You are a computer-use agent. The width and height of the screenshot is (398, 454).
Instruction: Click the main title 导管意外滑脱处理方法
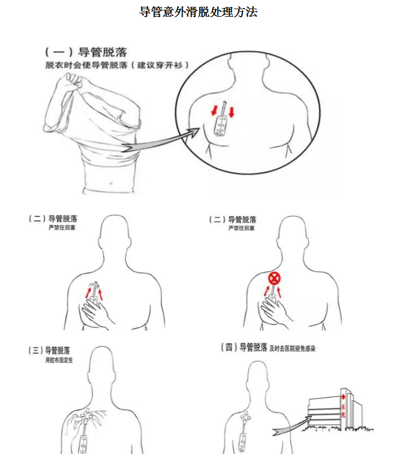199,12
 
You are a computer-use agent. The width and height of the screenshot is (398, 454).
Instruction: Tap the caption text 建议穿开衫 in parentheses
163,65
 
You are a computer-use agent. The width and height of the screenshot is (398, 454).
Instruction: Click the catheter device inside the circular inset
220,121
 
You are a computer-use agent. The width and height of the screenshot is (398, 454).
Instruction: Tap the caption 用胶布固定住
59,360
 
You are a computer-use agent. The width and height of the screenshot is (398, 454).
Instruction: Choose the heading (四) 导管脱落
244,347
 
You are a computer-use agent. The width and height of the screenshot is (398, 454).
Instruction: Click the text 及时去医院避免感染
292,348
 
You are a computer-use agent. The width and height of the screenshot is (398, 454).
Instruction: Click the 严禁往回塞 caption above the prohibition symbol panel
242,228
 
